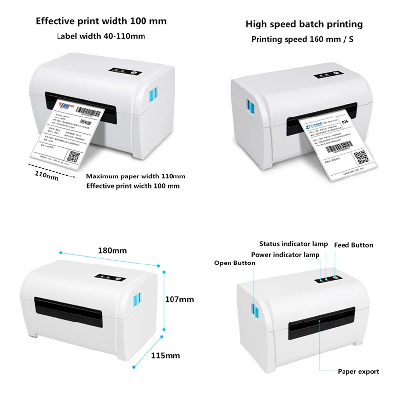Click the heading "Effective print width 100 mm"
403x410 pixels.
coord(101,21)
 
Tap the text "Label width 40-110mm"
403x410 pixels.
coord(101,36)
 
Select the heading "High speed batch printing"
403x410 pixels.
coord(304,24)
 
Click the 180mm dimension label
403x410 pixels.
coord(113,250)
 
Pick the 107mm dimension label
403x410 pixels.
coord(180,299)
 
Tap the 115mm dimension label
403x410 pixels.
coord(166,355)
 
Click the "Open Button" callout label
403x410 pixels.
coord(234,263)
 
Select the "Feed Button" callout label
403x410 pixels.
coord(353,245)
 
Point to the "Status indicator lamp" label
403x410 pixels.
coord(294,244)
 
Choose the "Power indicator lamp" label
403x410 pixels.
coord(285,254)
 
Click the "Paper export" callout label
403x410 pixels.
coord(358,372)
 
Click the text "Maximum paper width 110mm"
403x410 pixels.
coord(136,176)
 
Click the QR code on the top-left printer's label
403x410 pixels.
coord(74,157)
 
